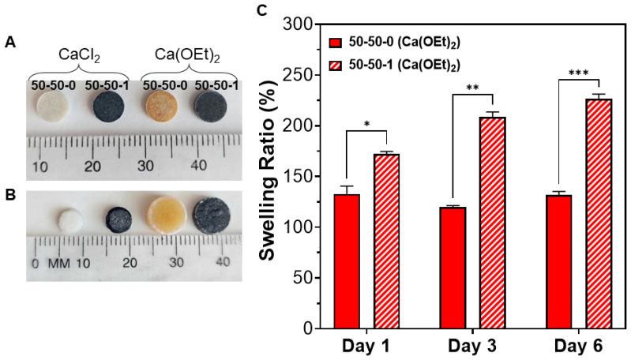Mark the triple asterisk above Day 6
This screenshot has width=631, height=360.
578,70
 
